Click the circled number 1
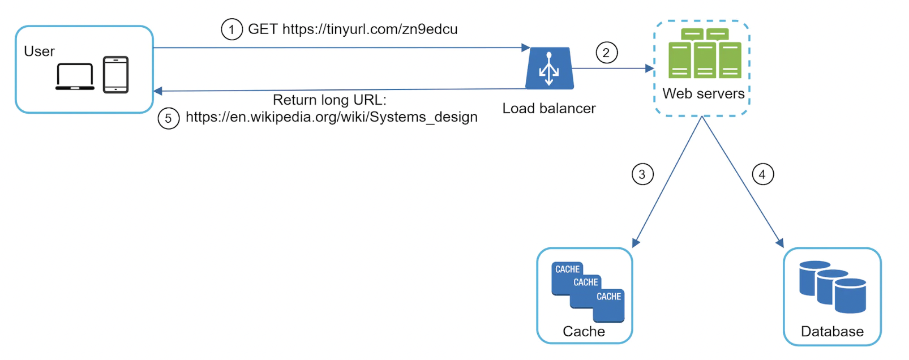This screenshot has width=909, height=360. point(231,29)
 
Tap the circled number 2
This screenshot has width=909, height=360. point(606,53)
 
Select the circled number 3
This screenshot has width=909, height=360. point(642,174)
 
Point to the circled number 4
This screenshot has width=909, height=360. point(762,174)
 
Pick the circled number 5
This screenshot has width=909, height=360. point(168,119)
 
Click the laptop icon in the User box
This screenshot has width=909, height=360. point(75,77)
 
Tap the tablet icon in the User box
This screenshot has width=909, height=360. point(115,75)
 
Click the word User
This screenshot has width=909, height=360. point(39,52)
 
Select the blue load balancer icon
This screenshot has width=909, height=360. point(549,68)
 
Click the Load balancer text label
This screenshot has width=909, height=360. point(548,109)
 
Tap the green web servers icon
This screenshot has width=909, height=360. point(704,54)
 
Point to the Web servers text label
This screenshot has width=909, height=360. point(704,94)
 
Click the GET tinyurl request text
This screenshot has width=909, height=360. point(353,29)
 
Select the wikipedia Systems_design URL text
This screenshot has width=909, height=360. point(331,117)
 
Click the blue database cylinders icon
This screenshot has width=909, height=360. point(832,287)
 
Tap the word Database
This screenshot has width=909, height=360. point(832,332)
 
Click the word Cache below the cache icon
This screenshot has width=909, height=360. point(584,332)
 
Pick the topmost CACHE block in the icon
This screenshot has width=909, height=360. point(567,269)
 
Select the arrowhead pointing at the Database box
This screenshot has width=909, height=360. point(781,243)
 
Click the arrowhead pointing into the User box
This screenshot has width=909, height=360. point(158,91)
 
